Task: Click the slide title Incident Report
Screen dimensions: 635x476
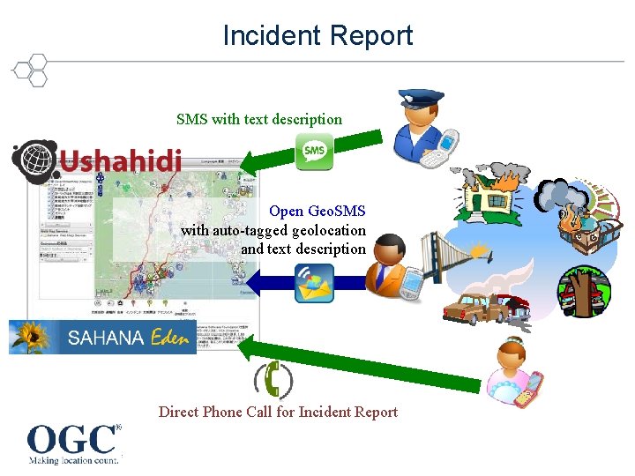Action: click(x=317, y=35)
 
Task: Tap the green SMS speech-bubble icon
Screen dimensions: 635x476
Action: click(x=314, y=151)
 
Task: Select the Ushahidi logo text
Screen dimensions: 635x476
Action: click(x=121, y=161)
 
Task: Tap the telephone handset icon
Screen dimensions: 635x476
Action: click(x=274, y=380)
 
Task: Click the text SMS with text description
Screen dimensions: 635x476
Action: click(x=259, y=119)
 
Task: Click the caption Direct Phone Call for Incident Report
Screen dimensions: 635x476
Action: click(x=278, y=412)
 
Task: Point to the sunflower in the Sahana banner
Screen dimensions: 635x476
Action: click(x=28, y=336)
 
